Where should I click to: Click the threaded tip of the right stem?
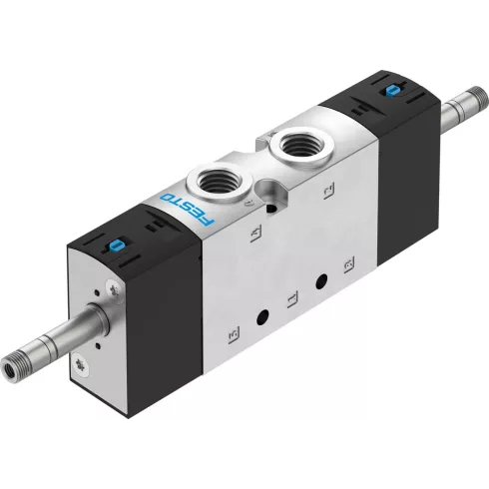tap(466, 100)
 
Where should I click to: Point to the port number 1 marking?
tap(290, 297)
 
